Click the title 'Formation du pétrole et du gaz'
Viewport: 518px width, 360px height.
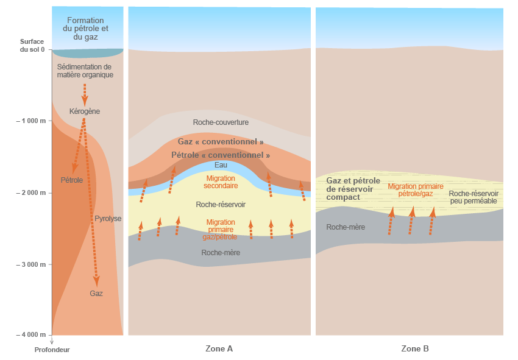pyautogui.click(x=85, y=29)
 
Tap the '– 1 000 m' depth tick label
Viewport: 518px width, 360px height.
pyautogui.click(x=31, y=121)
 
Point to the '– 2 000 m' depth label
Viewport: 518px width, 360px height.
pyautogui.click(x=31, y=192)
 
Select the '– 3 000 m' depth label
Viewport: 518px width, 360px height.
pyautogui.click(x=31, y=264)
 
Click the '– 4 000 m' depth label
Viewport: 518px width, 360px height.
pyautogui.click(x=31, y=335)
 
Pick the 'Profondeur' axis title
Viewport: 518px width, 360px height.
pyautogui.click(x=52, y=350)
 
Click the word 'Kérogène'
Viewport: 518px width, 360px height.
pyautogui.click(x=85, y=111)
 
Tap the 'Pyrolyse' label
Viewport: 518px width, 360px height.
pyautogui.click(x=108, y=218)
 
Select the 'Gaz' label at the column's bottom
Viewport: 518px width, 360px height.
pyautogui.click(x=96, y=293)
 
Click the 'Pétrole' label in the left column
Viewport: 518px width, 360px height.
pyautogui.click(x=71, y=180)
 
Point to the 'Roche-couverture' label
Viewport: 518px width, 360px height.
pyautogui.click(x=221, y=122)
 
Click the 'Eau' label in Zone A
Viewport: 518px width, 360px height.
pyautogui.click(x=221, y=165)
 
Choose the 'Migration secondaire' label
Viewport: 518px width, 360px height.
pyautogui.click(x=221, y=182)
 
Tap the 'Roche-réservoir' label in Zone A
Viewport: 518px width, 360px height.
pyautogui.click(x=221, y=205)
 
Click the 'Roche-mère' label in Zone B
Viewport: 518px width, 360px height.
pyautogui.click(x=346, y=227)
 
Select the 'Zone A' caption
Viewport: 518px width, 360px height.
pyautogui.click(x=219, y=349)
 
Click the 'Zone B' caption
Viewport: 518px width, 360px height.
pyautogui.click(x=415, y=349)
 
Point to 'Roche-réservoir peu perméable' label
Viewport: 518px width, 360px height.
pyautogui.click(x=474, y=197)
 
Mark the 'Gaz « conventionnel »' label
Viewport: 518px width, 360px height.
pyautogui.click(x=221, y=141)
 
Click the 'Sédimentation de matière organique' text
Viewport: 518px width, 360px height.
pyautogui.click(x=85, y=71)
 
